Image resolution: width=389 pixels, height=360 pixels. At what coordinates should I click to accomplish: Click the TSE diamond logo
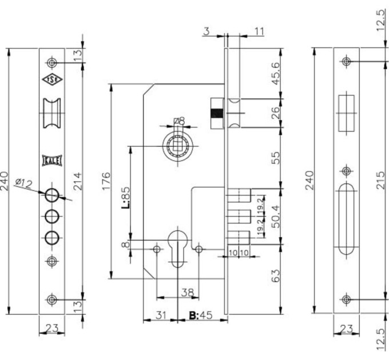pyautogui.click(x=52, y=79)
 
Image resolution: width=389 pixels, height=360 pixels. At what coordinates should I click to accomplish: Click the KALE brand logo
pyautogui.click(x=52, y=161)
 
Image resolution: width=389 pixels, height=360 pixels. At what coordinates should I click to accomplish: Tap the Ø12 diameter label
pyautogui.click(x=23, y=183)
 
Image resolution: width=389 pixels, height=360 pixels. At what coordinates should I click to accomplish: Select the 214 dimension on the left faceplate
pyautogui.click(x=77, y=181)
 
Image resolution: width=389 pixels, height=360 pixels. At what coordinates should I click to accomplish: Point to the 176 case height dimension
pyautogui.click(x=106, y=181)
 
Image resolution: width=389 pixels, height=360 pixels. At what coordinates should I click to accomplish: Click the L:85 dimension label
pyautogui.click(x=125, y=198)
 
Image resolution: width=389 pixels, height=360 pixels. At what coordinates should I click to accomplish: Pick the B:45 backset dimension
pyautogui.click(x=201, y=315)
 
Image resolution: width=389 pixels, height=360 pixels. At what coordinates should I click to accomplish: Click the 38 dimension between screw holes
pyautogui.click(x=187, y=293)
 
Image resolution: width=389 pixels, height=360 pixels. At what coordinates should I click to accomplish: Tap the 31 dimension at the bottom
pyautogui.click(x=161, y=315)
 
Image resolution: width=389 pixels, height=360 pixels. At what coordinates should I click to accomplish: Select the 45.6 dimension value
pyautogui.click(x=275, y=74)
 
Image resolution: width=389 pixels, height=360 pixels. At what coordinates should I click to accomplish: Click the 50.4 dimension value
pyautogui.click(x=275, y=217)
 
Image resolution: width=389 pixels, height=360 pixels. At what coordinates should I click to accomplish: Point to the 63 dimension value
pyautogui.click(x=275, y=276)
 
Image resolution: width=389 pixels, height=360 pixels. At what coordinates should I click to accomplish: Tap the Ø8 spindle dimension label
pyautogui.click(x=180, y=121)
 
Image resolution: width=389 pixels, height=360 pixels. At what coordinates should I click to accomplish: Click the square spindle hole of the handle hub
pyautogui.click(x=178, y=146)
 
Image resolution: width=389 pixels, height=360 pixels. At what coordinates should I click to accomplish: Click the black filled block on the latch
pyautogui.click(x=217, y=114)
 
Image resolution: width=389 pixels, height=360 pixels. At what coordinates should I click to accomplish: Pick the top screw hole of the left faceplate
pyautogui.click(x=52, y=62)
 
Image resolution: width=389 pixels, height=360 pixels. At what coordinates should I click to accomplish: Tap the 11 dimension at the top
pyautogui.click(x=259, y=31)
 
